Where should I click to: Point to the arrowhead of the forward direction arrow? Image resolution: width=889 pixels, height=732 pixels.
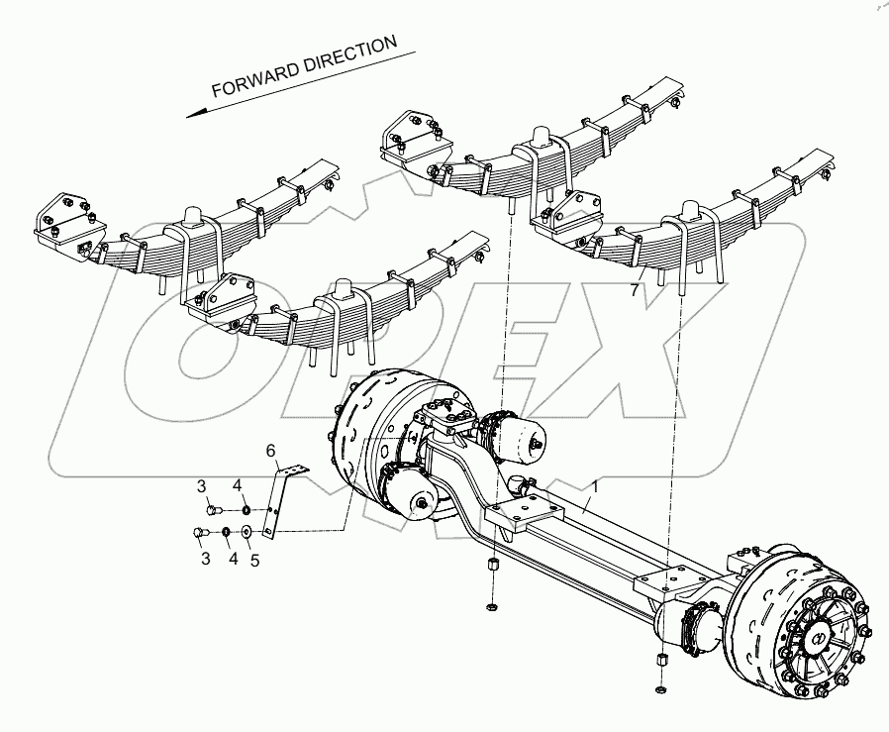pos(192,113)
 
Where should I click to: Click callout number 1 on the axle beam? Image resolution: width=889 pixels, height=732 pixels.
pos(595,484)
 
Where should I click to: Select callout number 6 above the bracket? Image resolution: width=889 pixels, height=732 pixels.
pos(270,452)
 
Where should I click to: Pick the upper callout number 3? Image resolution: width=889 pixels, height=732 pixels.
pos(201,485)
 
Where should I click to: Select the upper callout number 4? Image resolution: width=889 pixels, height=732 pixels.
pos(236,485)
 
